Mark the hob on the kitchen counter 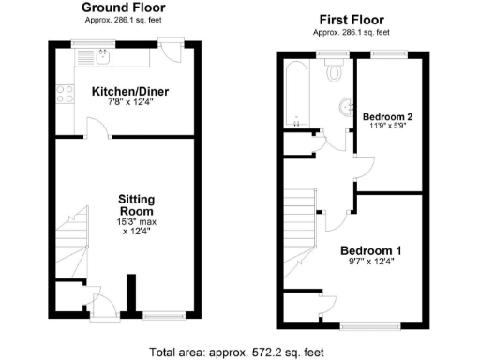[66, 93]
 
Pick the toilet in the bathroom [335, 74]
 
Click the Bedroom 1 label [370, 250]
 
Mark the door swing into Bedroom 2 [363, 169]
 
